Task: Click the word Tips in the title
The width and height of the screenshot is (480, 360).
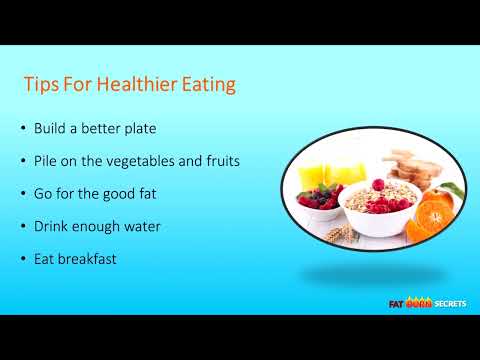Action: (41, 85)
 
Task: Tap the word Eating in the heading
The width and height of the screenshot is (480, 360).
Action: (206, 85)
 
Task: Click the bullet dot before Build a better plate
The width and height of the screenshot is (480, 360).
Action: (23, 129)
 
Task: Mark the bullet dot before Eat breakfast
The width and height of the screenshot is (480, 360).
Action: (23, 259)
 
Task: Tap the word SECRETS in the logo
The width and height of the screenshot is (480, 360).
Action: (445, 304)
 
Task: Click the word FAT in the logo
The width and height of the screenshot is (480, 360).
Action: (397, 304)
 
